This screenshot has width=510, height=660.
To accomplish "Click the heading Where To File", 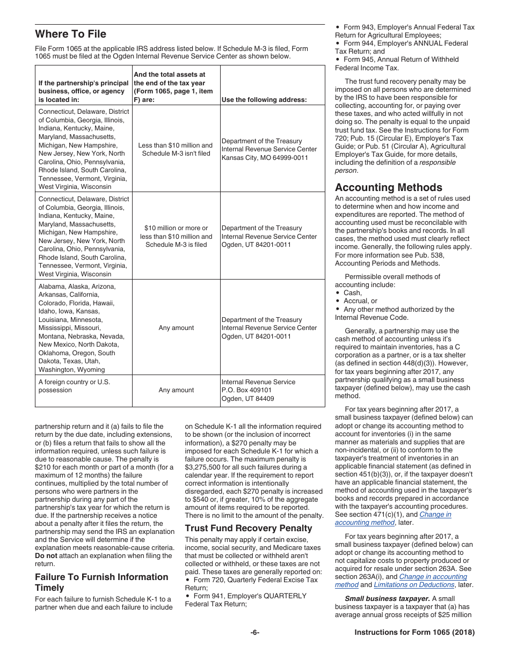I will click(x=70, y=34).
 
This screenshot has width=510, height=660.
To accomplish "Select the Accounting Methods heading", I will click(x=388, y=187).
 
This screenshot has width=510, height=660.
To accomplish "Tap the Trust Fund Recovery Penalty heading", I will click(x=248, y=528).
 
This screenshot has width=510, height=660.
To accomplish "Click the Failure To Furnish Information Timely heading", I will click(x=101, y=582).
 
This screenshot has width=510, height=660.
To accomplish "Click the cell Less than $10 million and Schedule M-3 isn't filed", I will click(x=176, y=149).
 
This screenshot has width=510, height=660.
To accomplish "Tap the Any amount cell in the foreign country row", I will click(x=176, y=390).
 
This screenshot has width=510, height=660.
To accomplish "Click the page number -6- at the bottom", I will click(x=255, y=633).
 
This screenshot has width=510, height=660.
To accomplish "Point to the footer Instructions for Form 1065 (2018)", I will click(x=414, y=633).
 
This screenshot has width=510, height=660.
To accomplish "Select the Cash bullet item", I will click(x=352, y=293).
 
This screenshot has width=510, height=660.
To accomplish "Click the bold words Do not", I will click(x=46, y=556).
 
